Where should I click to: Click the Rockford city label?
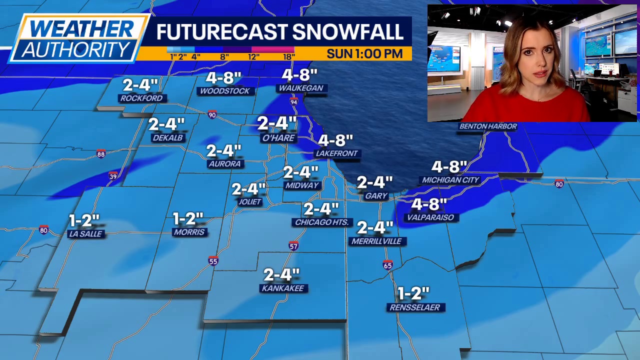coord(141,98)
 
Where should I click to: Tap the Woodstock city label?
coord(224,91)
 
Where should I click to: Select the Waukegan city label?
coord(301,88)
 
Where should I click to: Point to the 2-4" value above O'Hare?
coord(277,123)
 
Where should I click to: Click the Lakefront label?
coord(336,153)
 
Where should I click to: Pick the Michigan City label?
coord(450,180)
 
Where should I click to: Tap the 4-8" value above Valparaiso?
coord(428,204)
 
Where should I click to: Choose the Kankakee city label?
coord(282,288)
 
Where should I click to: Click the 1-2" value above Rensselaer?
coord(413,293)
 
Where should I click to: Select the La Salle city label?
coord(86,234)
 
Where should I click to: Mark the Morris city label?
coord(189,232)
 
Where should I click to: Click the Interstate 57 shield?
coord(293,246)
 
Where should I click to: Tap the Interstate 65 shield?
coord(387,265)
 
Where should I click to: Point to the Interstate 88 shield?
coord(101,154)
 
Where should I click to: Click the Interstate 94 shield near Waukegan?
coord(294,102)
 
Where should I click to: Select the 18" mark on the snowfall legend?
coord(288,57)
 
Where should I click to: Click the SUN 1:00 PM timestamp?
coord(364,54)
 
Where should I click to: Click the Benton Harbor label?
coord(487,126)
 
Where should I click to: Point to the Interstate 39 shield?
coord(113,175)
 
